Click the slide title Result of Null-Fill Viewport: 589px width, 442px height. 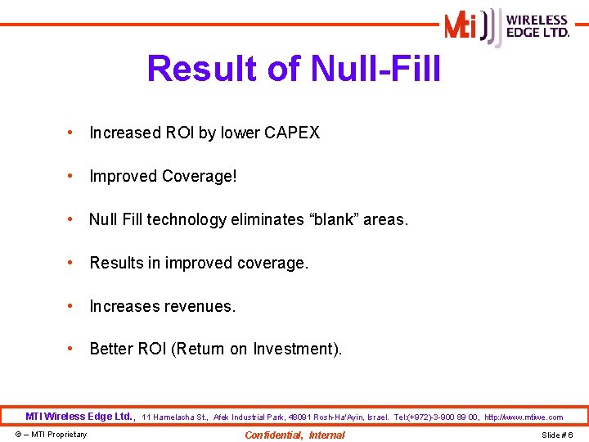coord(294,69)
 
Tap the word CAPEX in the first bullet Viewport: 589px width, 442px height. coord(292,133)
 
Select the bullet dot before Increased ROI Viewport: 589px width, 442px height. coord(73,133)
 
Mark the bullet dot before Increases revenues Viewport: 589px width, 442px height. coord(73,306)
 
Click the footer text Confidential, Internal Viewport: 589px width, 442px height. coord(294,435)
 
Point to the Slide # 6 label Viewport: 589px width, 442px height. coord(557,435)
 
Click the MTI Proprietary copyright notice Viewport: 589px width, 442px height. coord(51,435)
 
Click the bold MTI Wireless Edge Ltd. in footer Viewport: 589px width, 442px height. coord(80,417)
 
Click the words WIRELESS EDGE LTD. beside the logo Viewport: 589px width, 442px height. coord(537,26)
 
